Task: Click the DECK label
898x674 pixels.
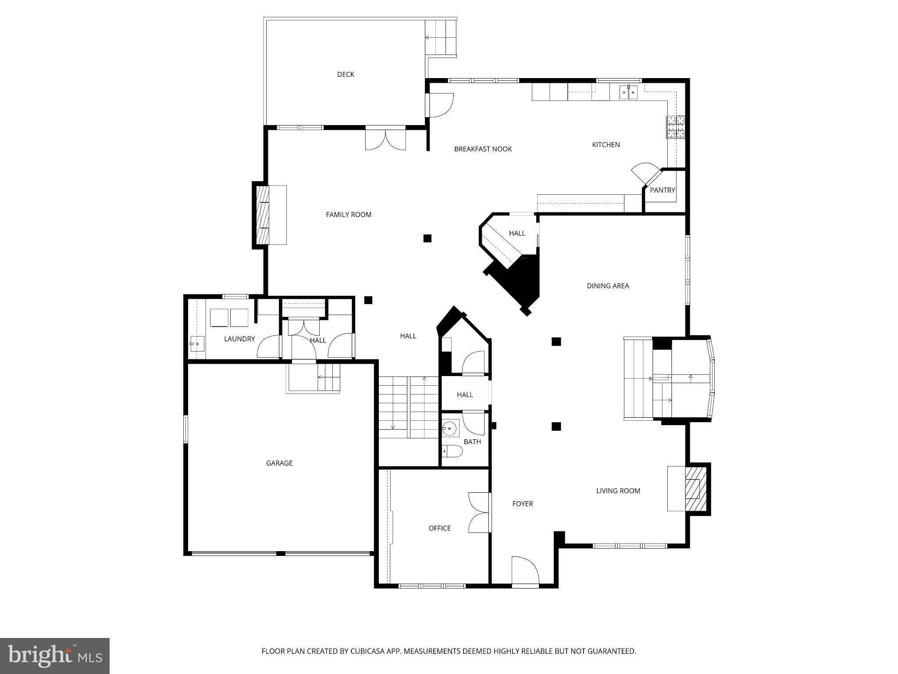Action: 346,75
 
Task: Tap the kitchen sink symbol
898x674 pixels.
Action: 628,93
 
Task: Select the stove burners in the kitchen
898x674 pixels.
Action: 675,127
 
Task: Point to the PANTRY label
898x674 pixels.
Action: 662,190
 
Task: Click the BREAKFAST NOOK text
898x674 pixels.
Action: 483,149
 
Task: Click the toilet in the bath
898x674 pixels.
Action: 453,451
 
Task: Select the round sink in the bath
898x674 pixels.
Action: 449,427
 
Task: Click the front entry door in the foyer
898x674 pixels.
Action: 525,571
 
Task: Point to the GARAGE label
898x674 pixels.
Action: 279,463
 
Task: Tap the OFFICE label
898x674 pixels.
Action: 439,528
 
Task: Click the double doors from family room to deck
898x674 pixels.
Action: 385,138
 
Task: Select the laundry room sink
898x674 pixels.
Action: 197,344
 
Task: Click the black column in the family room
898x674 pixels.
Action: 428,238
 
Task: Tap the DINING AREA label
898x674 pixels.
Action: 608,286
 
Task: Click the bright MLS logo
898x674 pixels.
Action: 54,656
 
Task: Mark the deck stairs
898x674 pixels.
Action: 441,38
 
